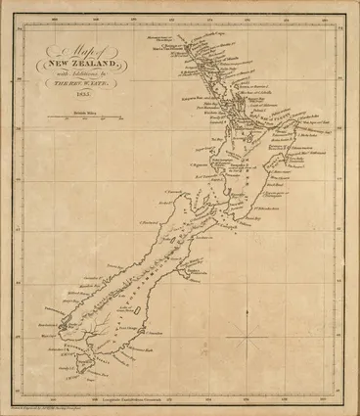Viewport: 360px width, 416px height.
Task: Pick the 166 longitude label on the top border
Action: pos(60,17)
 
